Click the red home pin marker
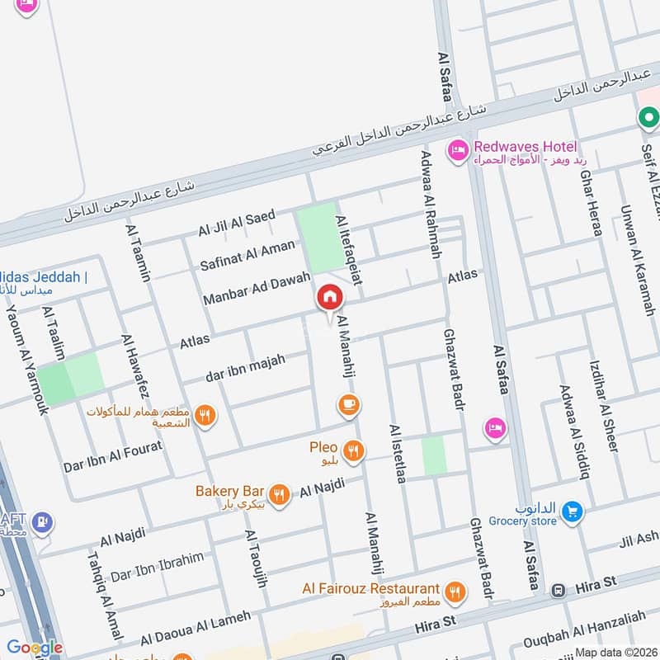click(329, 298)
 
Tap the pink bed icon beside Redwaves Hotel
click(455, 151)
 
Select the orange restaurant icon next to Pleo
click(355, 450)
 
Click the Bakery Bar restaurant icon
click(280, 494)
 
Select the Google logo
click(35, 648)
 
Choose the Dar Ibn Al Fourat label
click(113, 456)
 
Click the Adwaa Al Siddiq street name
click(574, 431)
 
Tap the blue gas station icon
click(41, 522)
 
